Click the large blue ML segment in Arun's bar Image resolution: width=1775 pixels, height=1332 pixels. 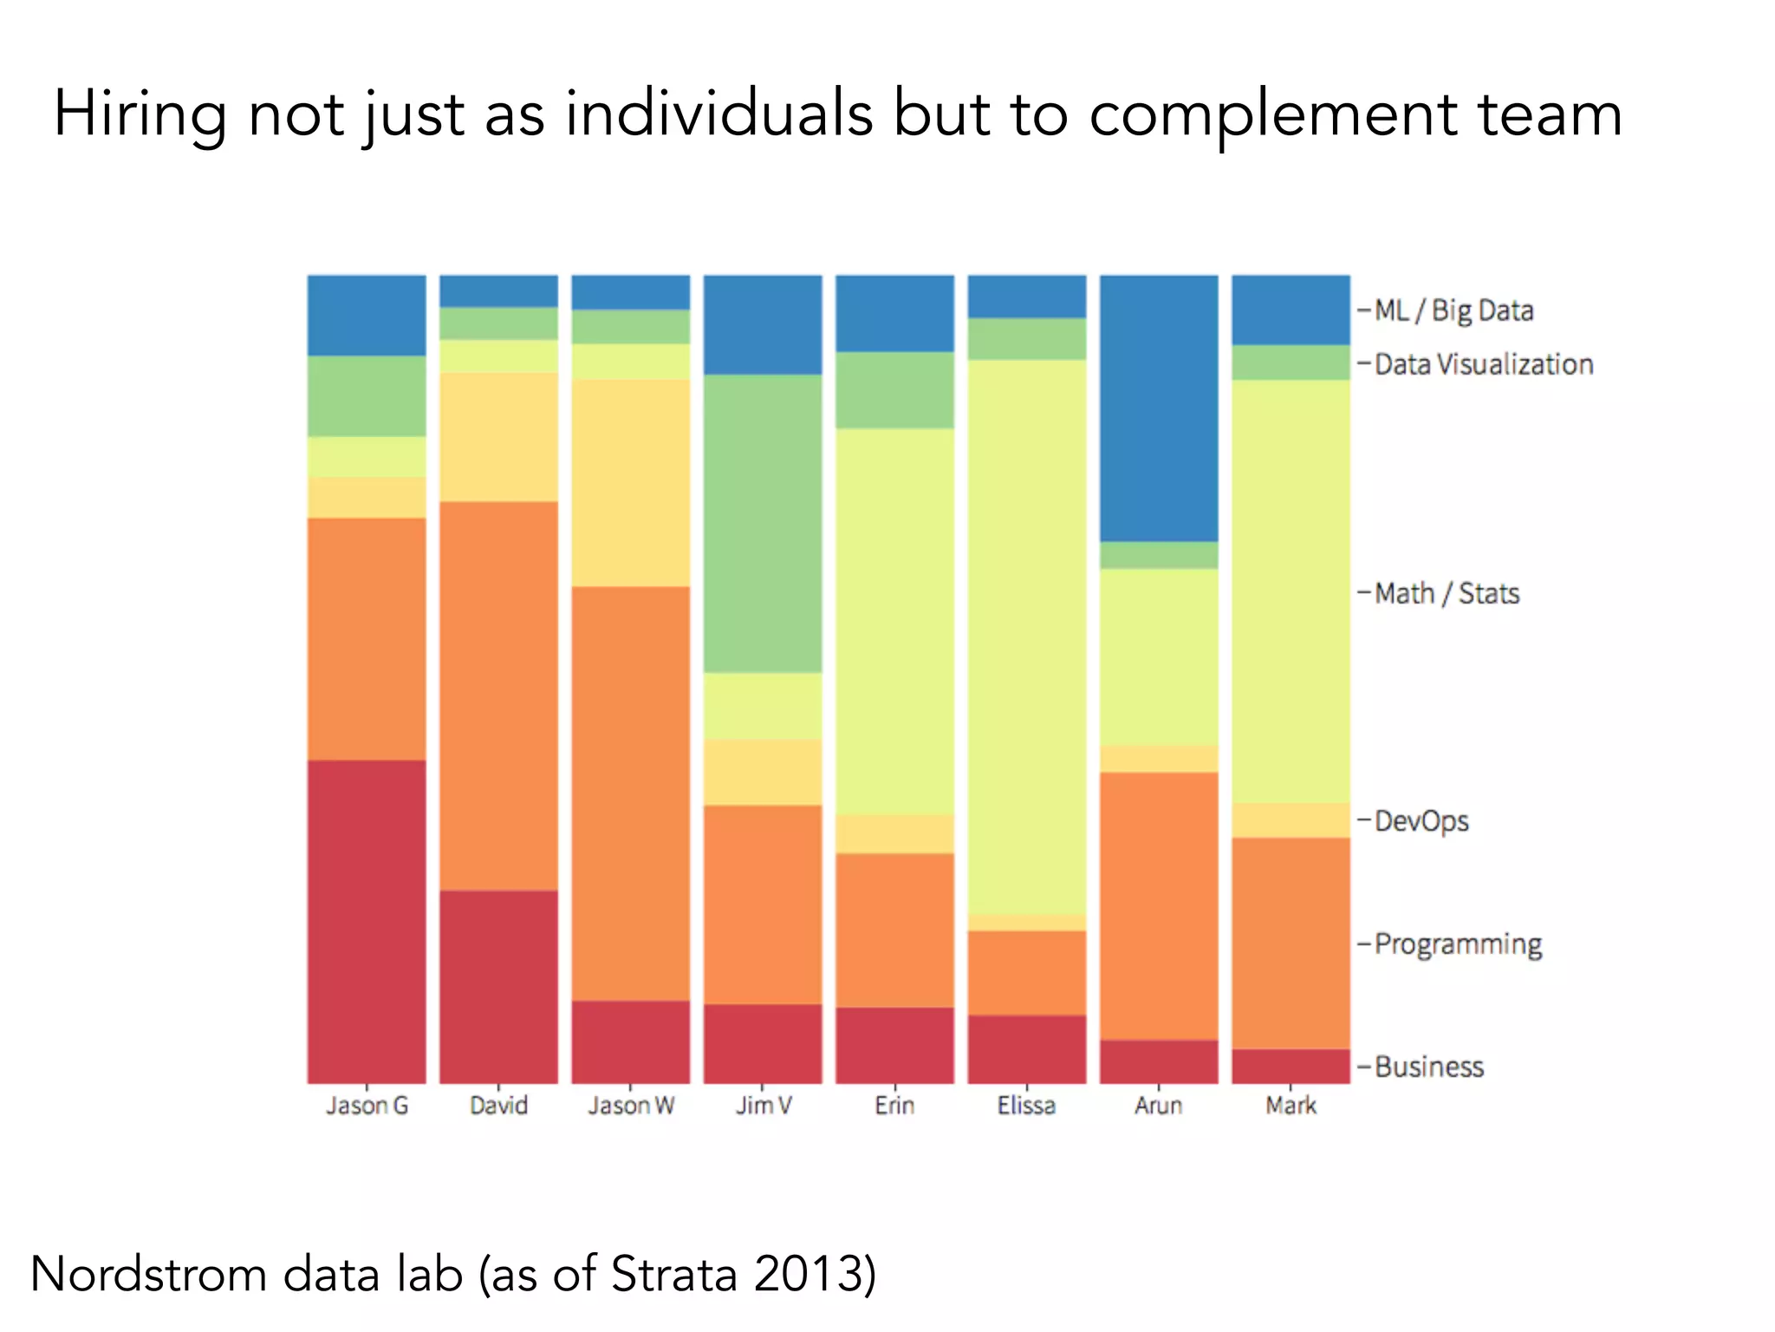[x=1159, y=408]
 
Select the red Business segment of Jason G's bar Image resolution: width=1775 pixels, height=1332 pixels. [x=367, y=921]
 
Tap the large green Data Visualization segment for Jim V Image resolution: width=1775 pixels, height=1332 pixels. [x=763, y=523]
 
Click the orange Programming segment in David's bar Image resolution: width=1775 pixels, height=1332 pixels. [x=498, y=695]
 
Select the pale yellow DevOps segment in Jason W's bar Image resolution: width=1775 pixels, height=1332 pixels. [x=631, y=482]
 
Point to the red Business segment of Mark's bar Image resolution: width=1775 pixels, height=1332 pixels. [x=1291, y=1066]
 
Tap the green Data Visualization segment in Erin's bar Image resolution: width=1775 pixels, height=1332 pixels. [x=894, y=389]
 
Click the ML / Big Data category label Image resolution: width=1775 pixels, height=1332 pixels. [x=1453, y=310]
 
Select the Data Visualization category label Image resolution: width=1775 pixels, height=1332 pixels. [x=1483, y=364]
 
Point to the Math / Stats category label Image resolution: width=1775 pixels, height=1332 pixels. [x=1447, y=593]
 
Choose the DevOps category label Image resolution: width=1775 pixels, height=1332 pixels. [x=1421, y=820]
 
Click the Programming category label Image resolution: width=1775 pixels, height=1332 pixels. [x=1458, y=943]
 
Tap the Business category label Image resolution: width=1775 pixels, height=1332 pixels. [x=1428, y=1066]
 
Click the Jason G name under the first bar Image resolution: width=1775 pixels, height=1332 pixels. [x=367, y=1106]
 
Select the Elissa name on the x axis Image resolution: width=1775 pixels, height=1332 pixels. [x=1026, y=1106]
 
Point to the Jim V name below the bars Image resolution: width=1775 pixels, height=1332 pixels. [x=763, y=1106]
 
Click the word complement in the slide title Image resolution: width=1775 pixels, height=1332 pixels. [x=1272, y=115]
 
